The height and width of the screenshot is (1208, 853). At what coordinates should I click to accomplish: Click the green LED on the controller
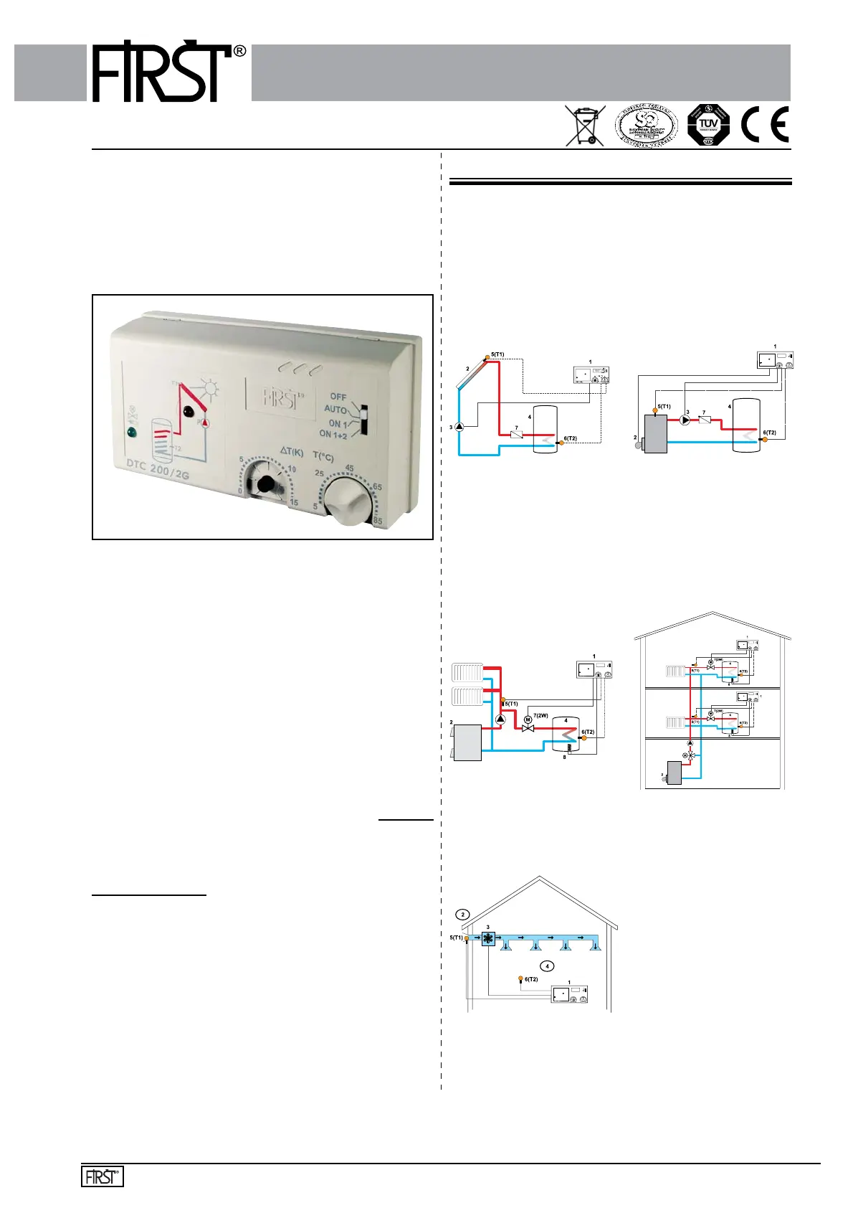pos(131,432)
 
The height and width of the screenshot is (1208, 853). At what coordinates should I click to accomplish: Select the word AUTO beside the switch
pos(335,410)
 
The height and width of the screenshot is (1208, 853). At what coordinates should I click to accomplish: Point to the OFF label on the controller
pos(338,397)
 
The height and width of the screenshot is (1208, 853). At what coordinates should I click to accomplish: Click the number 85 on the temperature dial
pos(378,521)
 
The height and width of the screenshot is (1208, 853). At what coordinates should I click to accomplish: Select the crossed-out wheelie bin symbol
pos(584,126)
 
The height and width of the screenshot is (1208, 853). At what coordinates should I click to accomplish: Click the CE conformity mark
pos(765,125)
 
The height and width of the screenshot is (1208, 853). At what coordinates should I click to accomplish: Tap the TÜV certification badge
pos(708,125)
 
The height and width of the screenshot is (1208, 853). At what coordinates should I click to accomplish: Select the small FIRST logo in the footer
pos(103,1177)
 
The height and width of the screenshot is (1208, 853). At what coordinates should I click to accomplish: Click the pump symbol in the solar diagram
pos(459,427)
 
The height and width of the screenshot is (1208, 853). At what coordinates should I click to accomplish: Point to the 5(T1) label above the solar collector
pos(497,354)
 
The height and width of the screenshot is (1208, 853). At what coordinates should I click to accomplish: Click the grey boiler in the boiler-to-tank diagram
pos(655,433)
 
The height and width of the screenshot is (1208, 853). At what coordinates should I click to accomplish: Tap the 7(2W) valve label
pos(540,716)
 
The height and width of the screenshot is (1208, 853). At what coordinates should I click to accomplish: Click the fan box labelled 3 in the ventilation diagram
pos(488,939)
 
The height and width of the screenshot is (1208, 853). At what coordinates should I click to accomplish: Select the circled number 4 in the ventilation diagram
pos(548,966)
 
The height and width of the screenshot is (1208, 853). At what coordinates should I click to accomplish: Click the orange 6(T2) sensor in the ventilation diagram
pos(521,979)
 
